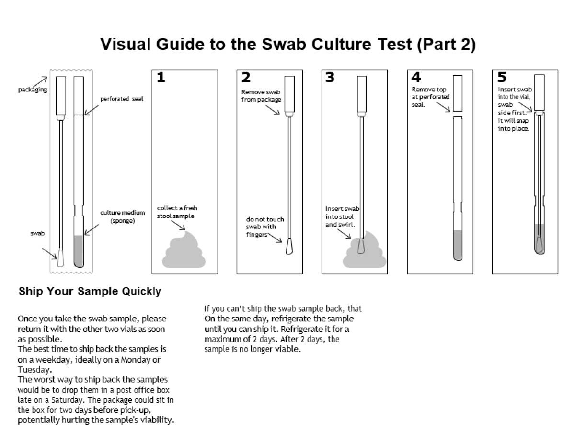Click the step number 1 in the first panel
[161, 78]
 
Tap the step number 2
[246, 78]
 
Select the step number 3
[330, 78]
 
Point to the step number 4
[416, 78]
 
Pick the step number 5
[501, 78]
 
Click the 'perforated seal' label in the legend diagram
[122, 99]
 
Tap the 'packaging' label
[33, 90]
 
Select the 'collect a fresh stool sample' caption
[177, 212]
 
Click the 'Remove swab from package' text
[261, 96]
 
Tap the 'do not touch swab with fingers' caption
[264, 227]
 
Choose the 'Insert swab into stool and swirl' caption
[342, 216]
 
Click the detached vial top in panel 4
[457, 93]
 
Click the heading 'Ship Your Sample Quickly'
[90, 291]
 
